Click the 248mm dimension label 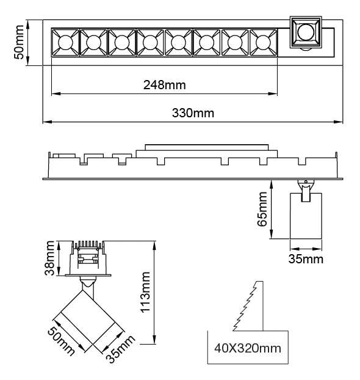point(165,85)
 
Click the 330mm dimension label point(193,113)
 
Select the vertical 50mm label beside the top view point(19,42)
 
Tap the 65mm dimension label point(262,209)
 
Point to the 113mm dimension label point(145,292)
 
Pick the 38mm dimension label point(49,258)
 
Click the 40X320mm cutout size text point(248,348)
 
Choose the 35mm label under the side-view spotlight point(306,259)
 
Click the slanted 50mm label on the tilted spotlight point(61,342)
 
